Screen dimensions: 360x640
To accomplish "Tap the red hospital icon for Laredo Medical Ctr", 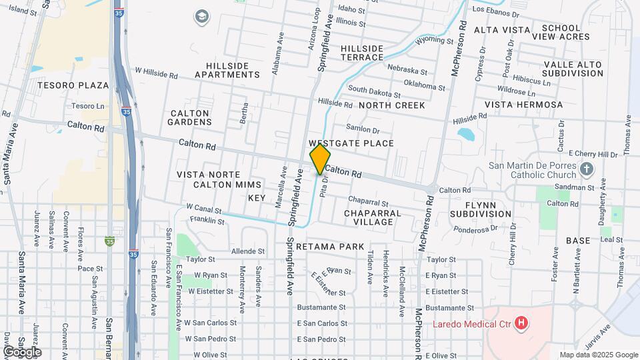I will pos(522,325).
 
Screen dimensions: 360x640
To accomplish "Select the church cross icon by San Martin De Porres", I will pos(586,168).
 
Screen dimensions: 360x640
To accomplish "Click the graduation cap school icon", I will pos(201,15).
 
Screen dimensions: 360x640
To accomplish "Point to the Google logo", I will pos(22,351).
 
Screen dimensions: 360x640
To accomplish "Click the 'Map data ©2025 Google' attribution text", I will pos(598,355).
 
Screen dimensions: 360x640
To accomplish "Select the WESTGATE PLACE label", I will pos(351,143).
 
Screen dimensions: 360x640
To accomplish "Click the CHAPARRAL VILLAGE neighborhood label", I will pos(373,217).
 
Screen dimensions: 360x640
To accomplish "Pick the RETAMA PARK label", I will pos(330,247).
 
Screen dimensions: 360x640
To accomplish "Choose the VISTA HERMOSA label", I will pos(523,105).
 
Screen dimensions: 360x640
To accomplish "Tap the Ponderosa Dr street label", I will pos(477,229).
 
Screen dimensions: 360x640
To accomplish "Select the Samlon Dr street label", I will pos(363,129).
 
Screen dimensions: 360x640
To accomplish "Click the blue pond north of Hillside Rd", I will pos(466,134).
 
